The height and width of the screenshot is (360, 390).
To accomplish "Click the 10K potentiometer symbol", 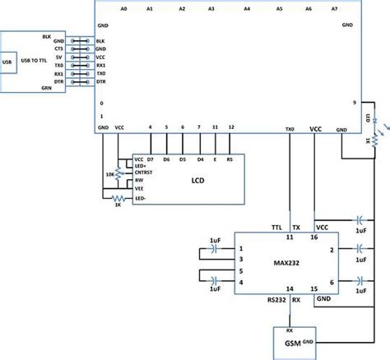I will pos(118,173).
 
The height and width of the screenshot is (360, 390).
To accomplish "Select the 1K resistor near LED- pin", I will pos(118,197).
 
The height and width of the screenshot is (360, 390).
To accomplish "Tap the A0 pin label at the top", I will pos(123,8).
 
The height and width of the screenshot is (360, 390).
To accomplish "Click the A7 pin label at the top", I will pos(332,8).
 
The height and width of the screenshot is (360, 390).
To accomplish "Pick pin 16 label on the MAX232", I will pos(313,238).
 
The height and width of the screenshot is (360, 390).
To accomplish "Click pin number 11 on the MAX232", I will pos(289,238).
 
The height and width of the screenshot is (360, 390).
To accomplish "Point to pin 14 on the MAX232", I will pos(289,289).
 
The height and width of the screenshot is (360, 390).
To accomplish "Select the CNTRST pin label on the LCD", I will pos(149,173).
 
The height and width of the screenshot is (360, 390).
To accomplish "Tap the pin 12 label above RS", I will pos(231,127).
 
